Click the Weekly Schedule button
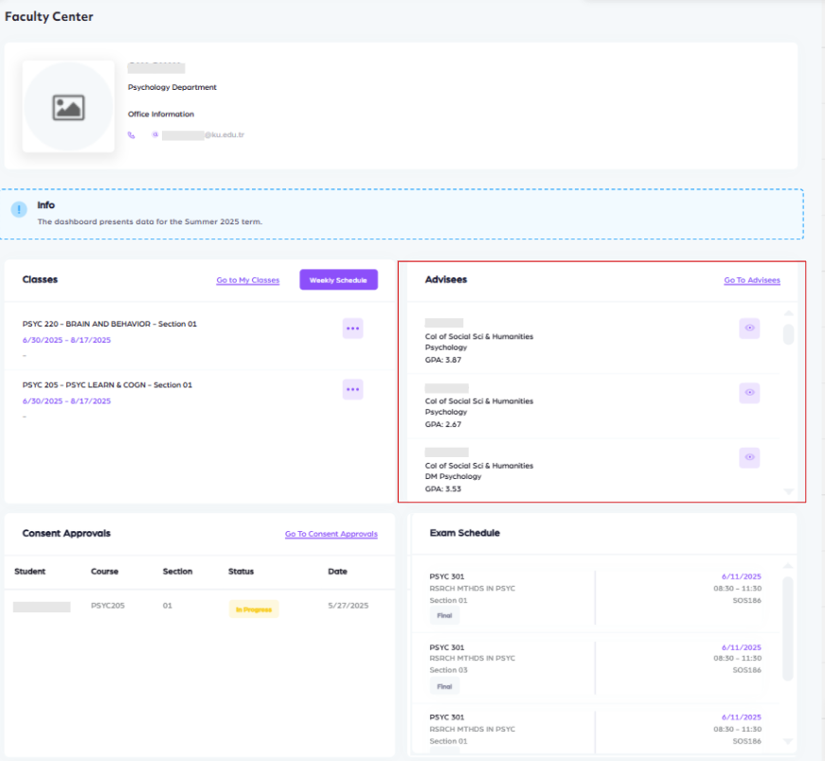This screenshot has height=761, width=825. [338, 280]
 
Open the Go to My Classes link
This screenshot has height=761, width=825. [247, 281]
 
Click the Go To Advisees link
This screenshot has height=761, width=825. [752, 281]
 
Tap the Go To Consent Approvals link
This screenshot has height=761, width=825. [331, 535]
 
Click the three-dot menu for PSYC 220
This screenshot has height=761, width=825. [352, 328]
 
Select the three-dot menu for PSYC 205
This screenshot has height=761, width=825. [352, 389]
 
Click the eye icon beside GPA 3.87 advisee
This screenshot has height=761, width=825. [749, 328]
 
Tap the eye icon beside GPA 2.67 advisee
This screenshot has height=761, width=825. [749, 392]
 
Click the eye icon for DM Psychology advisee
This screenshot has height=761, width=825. [749, 457]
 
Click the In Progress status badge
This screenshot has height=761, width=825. [254, 610]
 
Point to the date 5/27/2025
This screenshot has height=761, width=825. [347, 606]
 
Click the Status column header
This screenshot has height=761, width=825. [241, 572]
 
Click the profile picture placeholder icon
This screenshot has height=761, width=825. [68, 107]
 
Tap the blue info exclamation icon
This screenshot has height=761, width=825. [19, 210]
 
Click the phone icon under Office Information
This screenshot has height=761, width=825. [132, 135]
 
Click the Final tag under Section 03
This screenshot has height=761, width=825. [444, 686]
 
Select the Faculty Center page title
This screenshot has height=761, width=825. [48, 17]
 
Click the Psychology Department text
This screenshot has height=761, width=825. [172, 87]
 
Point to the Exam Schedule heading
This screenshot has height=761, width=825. [464, 533]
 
